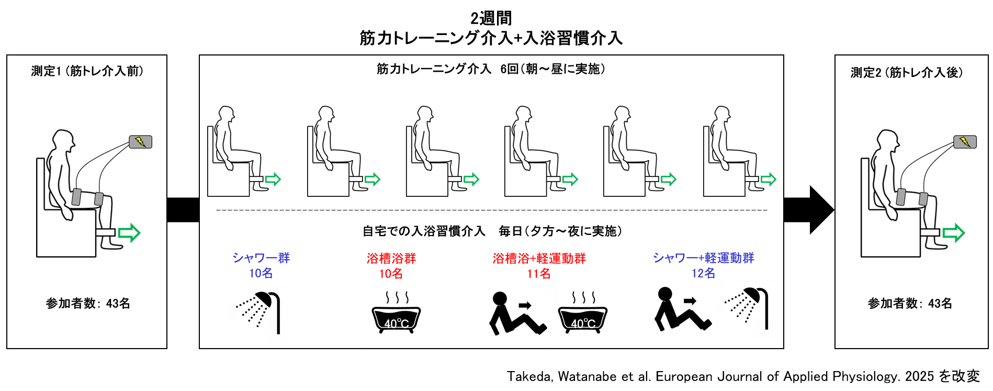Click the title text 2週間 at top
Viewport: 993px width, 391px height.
point(491,18)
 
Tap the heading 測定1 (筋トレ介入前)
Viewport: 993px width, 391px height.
point(87,71)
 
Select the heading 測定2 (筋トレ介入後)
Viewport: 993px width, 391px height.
point(906,72)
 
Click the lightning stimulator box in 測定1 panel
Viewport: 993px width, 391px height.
point(140,142)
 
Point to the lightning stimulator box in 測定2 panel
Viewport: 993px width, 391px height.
point(965,142)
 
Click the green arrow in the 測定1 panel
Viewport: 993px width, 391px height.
point(129,232)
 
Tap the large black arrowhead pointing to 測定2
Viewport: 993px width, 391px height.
point(820,209)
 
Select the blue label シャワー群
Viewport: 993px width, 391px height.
point(261,258)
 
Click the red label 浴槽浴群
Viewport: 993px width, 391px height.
point(391,258)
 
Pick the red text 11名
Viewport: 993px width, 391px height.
point(538,273)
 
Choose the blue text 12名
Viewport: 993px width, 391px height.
point(703,273)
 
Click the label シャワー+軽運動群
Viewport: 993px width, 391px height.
point(703,258)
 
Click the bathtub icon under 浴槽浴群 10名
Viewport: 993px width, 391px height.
point(396,314)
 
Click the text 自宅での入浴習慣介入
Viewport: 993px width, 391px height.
point(424,231)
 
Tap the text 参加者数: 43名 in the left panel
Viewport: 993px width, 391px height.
point(87,303)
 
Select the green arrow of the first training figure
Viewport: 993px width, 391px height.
point(273,180)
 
